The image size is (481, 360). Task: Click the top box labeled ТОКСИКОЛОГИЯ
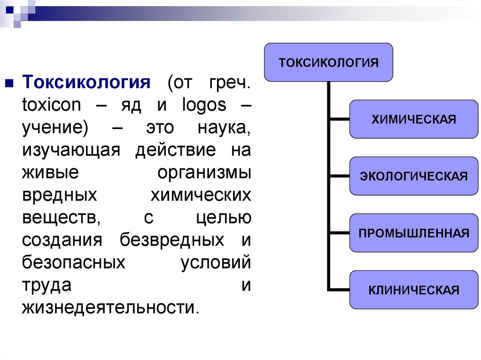coord(328,62)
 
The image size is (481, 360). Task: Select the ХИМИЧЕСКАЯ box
coord(414,119)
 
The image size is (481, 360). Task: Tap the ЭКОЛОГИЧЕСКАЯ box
coord(414,176)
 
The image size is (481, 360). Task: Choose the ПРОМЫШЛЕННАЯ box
coord(414,233)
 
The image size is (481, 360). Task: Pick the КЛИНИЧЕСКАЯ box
coord(414,290)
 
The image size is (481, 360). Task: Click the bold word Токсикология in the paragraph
coord(86,82)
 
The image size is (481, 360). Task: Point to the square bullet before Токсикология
coord(9,83)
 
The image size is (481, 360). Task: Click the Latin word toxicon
coord(52,105)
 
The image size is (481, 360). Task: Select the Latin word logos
coord(204,106)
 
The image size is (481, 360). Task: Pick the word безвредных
coord(172,240)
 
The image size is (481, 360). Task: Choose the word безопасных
coord(74,262)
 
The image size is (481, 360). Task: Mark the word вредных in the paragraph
coord(60,196)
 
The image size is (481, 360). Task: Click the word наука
coord(224,128)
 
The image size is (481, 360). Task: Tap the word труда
coord(47,286)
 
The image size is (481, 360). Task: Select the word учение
coord(55,128)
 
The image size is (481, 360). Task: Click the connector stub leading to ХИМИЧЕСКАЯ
coord(340,119)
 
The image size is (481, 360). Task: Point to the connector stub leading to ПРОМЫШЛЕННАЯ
coord(340,233)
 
